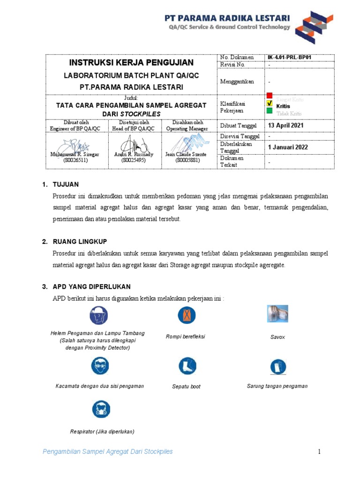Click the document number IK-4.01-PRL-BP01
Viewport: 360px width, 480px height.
[289, 58]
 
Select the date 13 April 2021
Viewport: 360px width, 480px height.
[285, 126]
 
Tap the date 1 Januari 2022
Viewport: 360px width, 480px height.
[288, 147]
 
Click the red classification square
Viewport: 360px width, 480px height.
[270, 96]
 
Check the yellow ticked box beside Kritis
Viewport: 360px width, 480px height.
[270, 104]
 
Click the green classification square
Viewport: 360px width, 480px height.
[270, 111]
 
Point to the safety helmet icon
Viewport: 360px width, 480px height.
[97, 315]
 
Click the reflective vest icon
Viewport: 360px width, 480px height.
[186, 315]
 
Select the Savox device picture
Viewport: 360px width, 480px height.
[277, 315]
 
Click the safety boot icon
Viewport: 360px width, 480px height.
[186, 366]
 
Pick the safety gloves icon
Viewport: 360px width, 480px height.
[277, 366]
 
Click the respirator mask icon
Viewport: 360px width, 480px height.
[101, 409]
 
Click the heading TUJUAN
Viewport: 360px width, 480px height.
[65, 184]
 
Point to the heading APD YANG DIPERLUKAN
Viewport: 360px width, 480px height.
[91, 286]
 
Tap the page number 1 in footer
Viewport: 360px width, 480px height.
[319, 452]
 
